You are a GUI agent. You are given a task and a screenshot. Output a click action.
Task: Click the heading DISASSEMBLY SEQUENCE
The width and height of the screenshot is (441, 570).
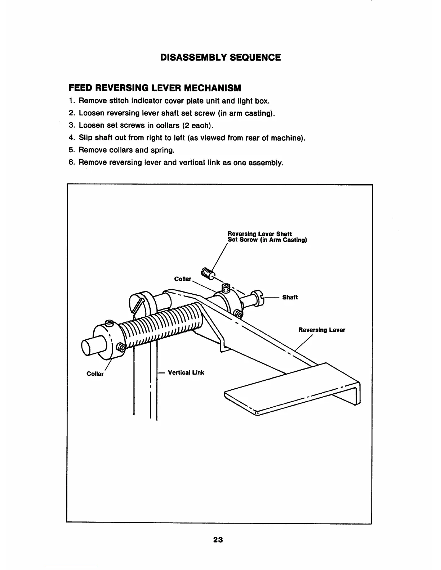pyautogui.click(x=220, y=58)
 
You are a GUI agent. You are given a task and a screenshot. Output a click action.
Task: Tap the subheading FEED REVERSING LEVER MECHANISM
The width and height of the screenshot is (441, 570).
pyautogui.click(x=155, y=88)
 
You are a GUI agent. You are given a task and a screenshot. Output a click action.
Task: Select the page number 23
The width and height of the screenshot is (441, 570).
pyautogui.click(x=218, y=540)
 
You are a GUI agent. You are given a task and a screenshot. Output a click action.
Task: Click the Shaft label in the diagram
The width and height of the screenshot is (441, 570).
pyautogui.click(x=290, y=297)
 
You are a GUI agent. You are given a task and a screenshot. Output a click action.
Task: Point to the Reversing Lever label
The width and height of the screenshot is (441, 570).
pyautogui.click(x=322, y=330)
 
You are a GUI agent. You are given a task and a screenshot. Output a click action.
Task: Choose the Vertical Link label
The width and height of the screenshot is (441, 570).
pyautogui.click(x=186, y=372)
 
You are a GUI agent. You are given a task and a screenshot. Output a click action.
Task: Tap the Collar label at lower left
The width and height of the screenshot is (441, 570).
pyautogui.click(x=95, y=374)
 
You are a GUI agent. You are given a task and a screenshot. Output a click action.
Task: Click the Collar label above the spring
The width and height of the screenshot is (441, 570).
pyautogui.click(x=183, y=279)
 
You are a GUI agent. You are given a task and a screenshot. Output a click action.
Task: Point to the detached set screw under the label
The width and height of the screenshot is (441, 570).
pyautogui.click(x=207, y=274)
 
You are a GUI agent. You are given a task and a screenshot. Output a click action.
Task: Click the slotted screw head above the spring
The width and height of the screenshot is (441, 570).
pyautogui.click(x=137, y=303)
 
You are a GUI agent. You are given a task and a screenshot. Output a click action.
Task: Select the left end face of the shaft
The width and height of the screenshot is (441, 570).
pyautogui.click(x=88, y=347)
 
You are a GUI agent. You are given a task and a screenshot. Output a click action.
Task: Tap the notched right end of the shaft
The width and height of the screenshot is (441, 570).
pyautogui.click(x=259, y=298)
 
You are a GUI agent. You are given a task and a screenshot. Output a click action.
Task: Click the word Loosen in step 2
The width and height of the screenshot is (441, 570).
pyautogui.click(x=90, y=113)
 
